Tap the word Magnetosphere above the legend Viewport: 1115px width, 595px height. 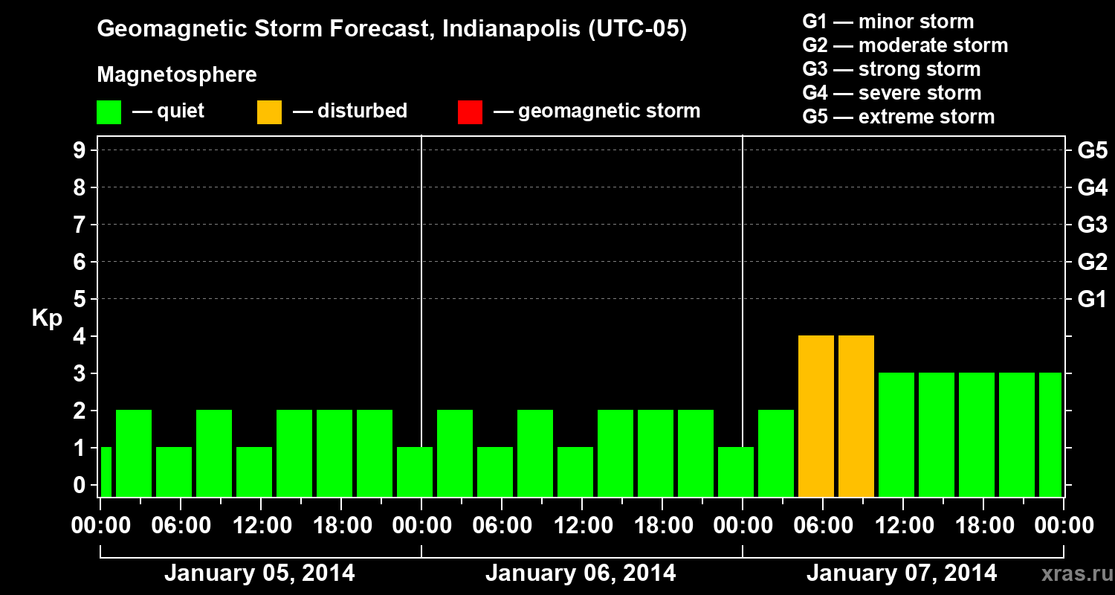(x=177, y=75)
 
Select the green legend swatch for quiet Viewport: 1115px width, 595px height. (x=109, y=112)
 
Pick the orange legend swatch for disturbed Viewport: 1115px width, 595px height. (x=269, y=112)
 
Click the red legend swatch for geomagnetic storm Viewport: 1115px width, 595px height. (x=470, y=112)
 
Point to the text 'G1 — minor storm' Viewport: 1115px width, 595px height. (x=888, y=22)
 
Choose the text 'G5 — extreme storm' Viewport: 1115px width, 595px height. (x=898, y=117)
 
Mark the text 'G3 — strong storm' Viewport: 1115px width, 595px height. (x=891, y=69)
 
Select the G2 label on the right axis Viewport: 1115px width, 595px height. (x=1092, y=262)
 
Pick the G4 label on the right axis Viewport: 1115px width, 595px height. (x=1092, y=187)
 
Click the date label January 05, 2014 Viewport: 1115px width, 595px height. (x=259, y=573)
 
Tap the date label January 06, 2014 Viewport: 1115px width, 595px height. (x=581, y=573)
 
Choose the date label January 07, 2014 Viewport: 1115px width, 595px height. (x=902, y=573)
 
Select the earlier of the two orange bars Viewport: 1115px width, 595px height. (x=816, y=416)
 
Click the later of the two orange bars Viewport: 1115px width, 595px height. (x=856, y=416)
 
